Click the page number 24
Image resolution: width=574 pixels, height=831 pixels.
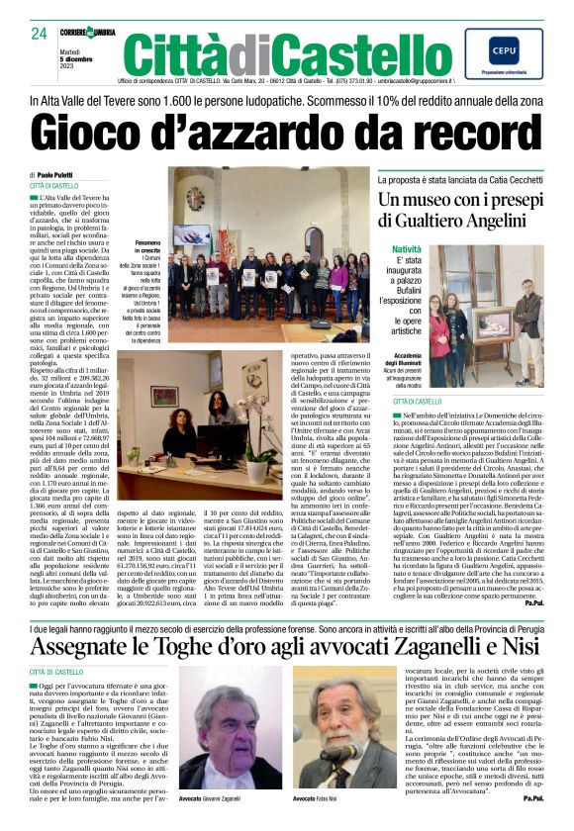pyautogui.click(x=39, y=33)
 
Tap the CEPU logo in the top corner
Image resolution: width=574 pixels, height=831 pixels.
pyautogui.click(x=504, y=47)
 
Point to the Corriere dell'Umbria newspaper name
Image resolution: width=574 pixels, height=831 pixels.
pyautogui.click(x=88, y=34)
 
